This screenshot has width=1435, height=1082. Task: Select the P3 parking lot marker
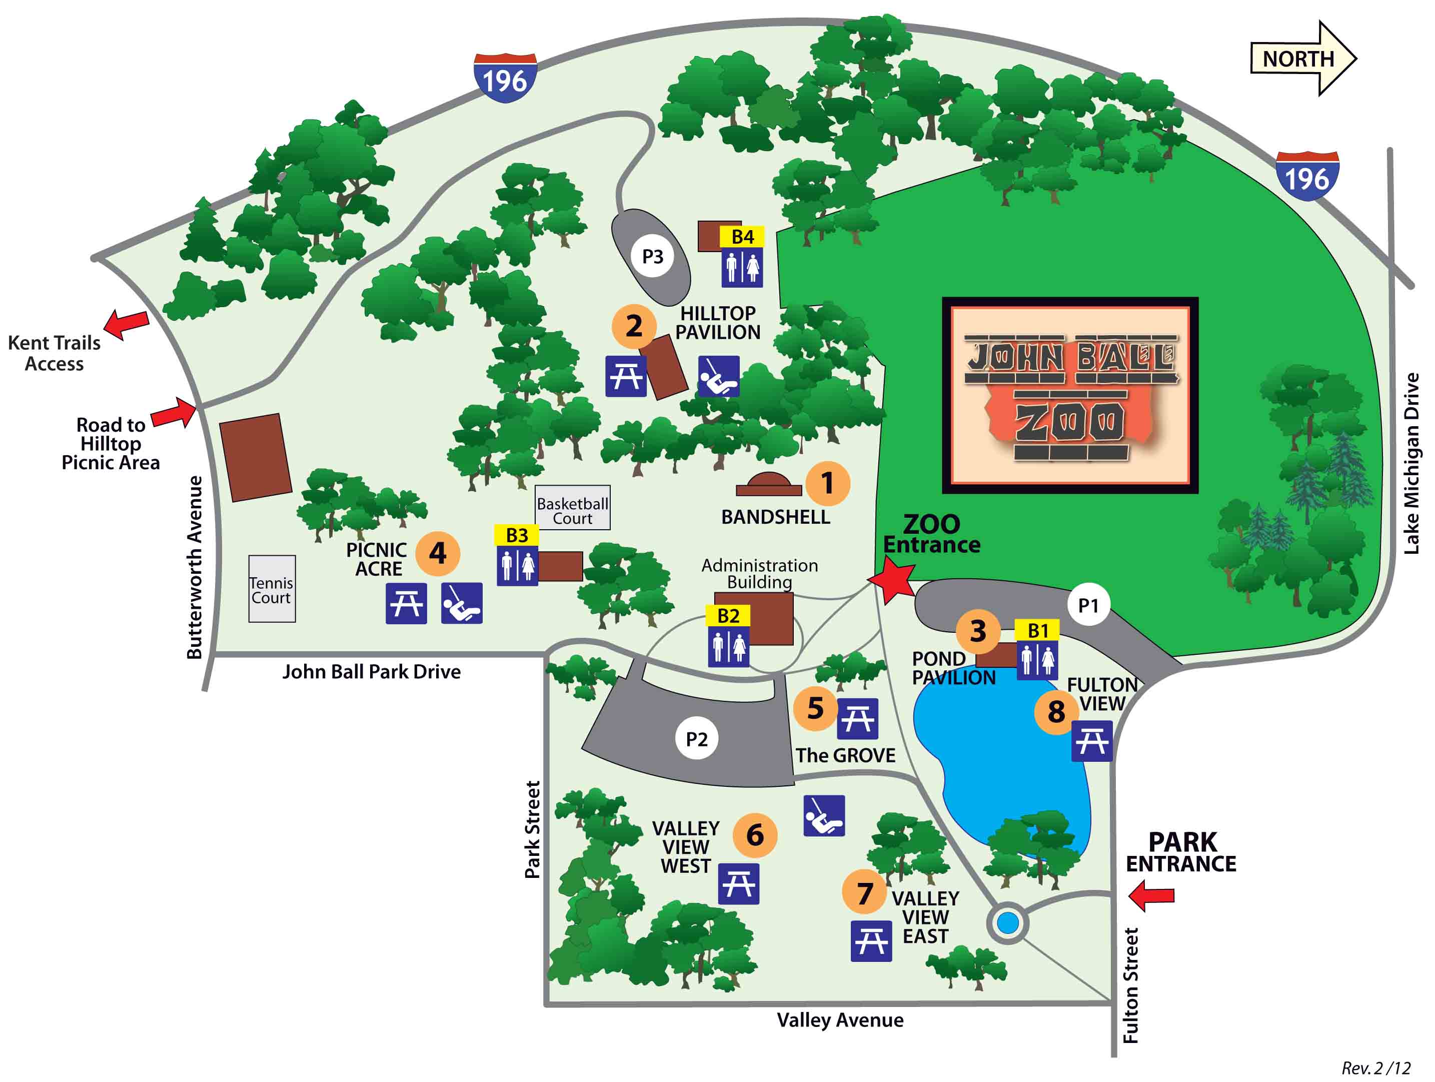(652, 256)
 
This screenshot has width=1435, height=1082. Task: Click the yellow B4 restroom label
(742, 237)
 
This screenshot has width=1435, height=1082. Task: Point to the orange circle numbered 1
(827, 483)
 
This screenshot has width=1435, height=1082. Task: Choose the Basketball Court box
(572, 508)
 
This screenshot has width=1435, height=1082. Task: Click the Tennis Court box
(272, 588)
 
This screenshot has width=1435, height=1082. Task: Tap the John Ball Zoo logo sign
(1070, 395)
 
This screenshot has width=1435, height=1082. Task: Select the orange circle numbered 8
(1056, 712)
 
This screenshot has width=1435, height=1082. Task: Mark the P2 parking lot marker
(696, 739)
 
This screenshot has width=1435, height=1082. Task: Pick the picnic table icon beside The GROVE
(857, 719)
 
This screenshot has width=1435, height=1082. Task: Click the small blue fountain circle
(1007, 922)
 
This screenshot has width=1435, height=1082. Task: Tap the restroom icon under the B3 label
(517, 566)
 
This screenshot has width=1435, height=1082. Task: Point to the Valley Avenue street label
(840, 1020)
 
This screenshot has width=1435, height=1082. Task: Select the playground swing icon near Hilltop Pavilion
(718, 376)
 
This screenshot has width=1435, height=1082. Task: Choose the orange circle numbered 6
(754, 835)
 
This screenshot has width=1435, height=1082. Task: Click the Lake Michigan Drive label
(1411, 463)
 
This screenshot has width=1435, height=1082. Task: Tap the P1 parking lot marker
(1088, 605)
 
